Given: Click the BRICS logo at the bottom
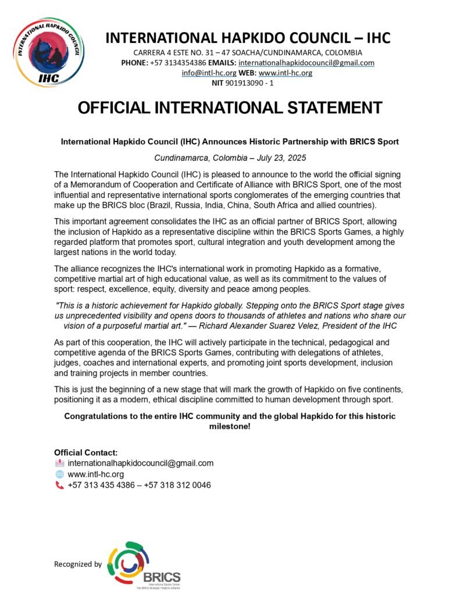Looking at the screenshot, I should coord(146,565).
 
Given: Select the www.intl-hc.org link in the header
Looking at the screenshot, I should coord(286,73).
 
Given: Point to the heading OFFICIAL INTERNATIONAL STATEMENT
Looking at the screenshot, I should coord(230,108).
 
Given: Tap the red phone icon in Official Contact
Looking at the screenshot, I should coord(59,485).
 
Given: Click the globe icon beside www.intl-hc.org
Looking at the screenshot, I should coord(59,474).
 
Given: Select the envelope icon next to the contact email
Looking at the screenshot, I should coord(59,463).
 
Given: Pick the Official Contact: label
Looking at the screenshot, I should coord(86,452).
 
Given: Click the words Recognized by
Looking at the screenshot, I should coord(78,563).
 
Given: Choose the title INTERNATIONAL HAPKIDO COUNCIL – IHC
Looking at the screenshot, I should coord(248,38).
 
